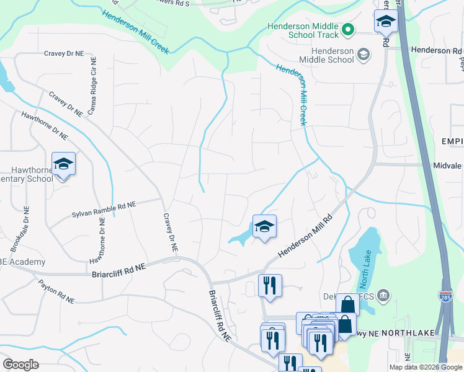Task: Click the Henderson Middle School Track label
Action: pos(303,30)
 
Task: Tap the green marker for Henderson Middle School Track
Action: pos(348,29)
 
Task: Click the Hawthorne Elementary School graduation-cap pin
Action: pos(63,164)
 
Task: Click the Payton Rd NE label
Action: pos(56,292)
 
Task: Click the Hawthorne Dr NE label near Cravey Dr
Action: pos(43,124)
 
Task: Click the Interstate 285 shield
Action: pos(445,296)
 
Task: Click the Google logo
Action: pos(20,365)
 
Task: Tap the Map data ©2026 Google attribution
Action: pos(426,367)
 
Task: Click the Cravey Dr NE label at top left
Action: pos(63,54)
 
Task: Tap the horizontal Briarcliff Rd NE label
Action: pos(118,270)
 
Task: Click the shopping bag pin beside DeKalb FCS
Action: pos(347,304)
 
